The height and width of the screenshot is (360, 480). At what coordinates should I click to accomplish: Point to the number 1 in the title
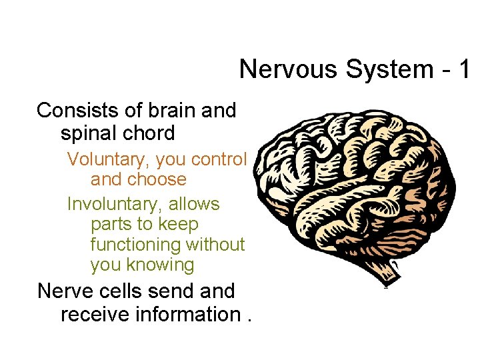465,69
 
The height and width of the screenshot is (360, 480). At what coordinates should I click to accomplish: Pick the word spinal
90,133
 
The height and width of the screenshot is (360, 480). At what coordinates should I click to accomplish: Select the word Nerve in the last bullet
69,291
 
